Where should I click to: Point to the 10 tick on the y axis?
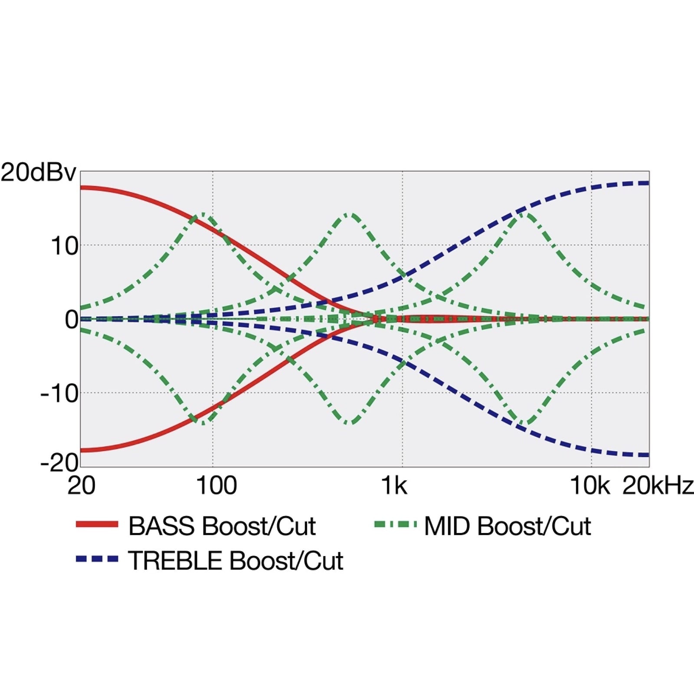click(x=65, y=246)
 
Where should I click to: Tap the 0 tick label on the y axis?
click(x=72, y=320)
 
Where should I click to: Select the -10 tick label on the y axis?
click(x=59, y=394)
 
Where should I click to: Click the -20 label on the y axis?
click(x=59, y=463)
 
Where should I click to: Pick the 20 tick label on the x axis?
click(x=81, y=486)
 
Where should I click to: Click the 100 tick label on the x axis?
click(x=216, y=486)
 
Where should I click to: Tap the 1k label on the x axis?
click(x=394, y=486)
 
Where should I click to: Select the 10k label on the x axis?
click(x=589, y=486)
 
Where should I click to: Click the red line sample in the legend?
click(x=97, y=524)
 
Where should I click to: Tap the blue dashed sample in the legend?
click(x=97, y=559)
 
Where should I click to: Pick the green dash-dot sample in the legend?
click(x=395, y=524)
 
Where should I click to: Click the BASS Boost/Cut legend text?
click(x=222, y=526)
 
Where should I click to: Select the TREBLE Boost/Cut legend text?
click(x=236, y=560)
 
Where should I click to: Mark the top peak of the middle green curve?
click(x=350, y=214)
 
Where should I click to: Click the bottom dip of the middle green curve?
click(x=350, y=423)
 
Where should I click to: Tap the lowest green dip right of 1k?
click(x=526, y=423)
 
